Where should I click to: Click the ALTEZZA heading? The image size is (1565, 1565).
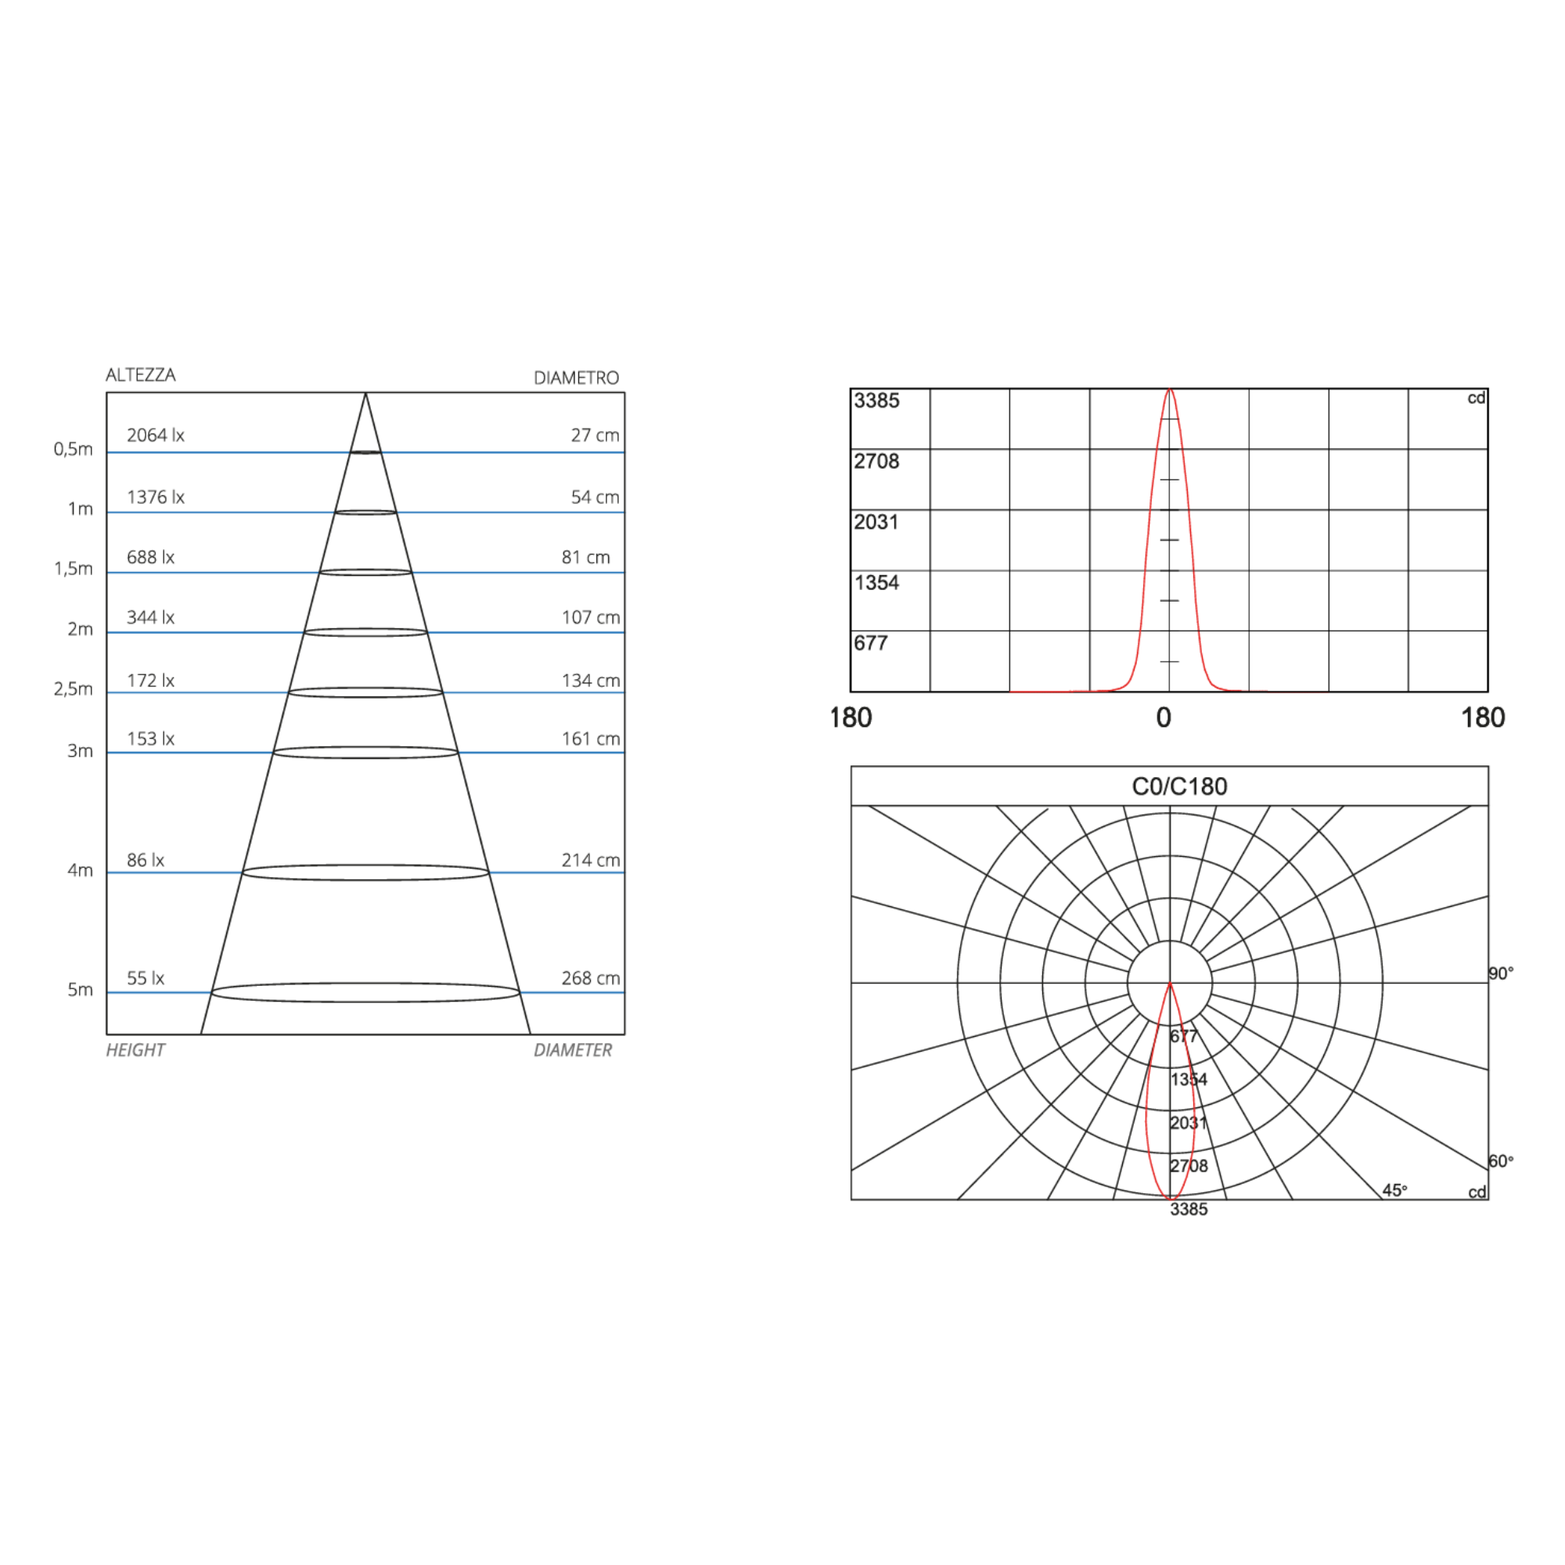140,375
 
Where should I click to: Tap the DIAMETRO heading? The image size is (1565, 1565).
576,378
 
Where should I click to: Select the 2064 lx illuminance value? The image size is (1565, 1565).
156,435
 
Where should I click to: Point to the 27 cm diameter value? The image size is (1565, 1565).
595,435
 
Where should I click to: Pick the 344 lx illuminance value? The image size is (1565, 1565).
150,617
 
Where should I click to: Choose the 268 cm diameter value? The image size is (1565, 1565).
591,977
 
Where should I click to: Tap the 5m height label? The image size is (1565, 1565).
79,989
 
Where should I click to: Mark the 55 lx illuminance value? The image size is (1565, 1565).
145,977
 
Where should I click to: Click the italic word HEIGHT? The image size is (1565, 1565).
135,1050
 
